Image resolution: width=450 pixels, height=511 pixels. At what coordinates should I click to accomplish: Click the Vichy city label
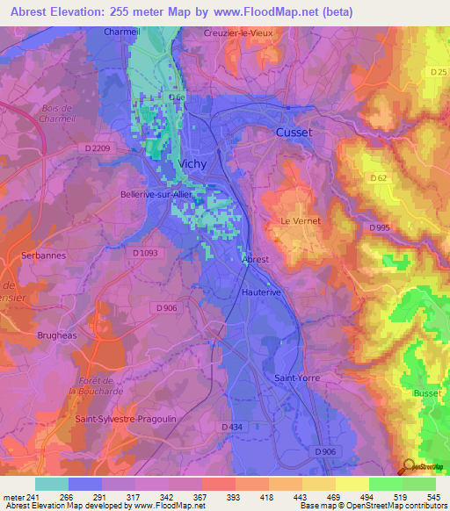tap(193, 164)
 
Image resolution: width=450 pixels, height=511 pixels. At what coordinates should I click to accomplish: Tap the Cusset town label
tap(294, 132)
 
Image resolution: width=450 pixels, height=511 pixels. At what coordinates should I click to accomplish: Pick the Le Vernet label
tap(301, 221)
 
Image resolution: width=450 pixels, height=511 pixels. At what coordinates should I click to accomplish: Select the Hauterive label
tap(260, 291)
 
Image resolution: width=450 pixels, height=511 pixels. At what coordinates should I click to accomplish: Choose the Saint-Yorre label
tap(297, 378)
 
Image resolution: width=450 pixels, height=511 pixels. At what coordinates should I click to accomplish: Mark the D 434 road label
tap(232, 427)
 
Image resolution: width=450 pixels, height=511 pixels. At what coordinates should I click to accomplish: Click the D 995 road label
tap(380, 228)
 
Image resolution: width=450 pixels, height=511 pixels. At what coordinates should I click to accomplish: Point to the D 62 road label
tap(379, 178)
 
